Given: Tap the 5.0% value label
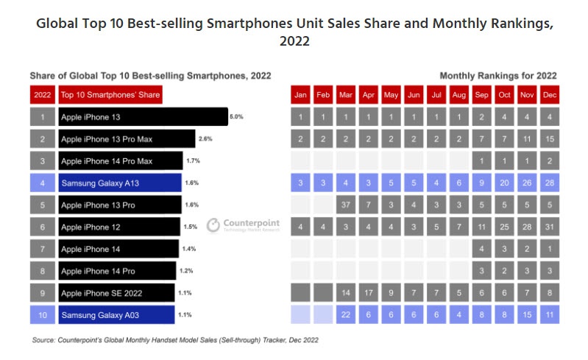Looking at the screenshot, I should point(236,117).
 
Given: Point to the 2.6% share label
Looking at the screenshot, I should point(205,139).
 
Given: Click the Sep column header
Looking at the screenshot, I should point(481,95).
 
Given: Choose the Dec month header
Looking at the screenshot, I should point(549,95).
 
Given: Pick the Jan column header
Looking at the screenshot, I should point(300,95).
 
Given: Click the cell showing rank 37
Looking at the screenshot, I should point(346,205).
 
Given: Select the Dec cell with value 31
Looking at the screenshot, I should point(549,226).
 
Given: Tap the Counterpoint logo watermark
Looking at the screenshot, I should point(242,225).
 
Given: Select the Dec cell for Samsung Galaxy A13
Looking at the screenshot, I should point(549,183).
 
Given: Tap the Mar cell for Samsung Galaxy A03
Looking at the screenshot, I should point(346,314).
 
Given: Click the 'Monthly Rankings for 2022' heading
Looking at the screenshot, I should point(497,76).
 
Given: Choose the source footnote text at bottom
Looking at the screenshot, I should point(175,341).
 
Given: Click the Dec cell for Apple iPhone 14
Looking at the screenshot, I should point(549,248).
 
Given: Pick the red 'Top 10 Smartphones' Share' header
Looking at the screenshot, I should point(110,95).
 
